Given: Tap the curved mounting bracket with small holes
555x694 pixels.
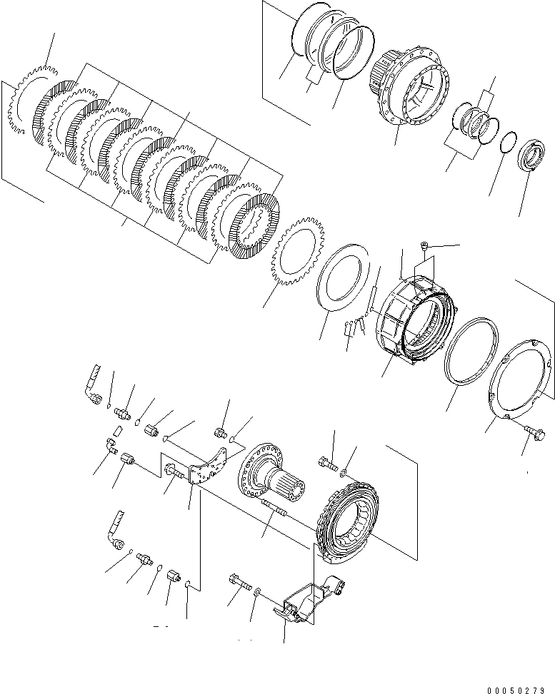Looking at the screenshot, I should [211, 466].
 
